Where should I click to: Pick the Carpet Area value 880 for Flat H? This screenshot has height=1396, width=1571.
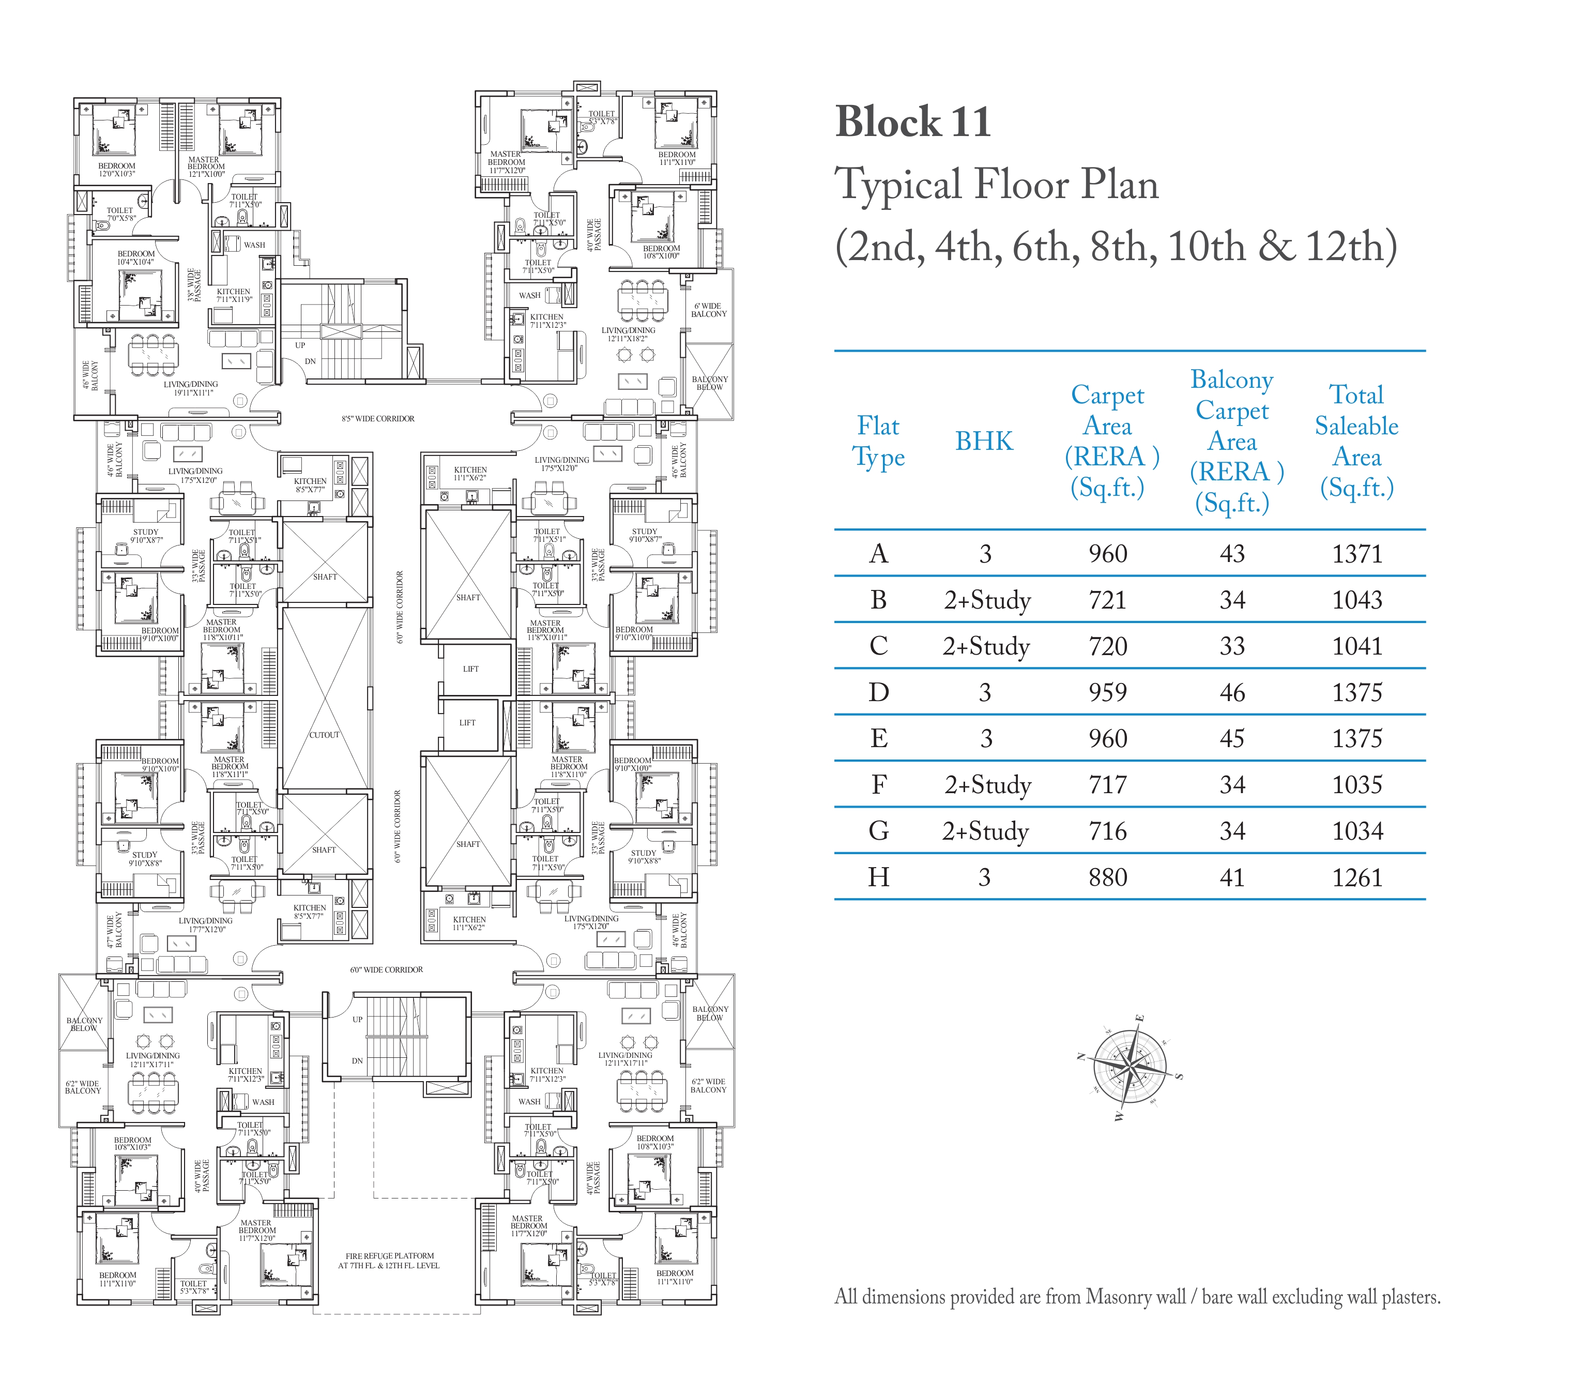point(1107,877)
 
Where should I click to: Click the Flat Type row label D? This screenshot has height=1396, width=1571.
point(878,693)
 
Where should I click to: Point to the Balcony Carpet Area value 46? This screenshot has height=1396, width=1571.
point(1232,693)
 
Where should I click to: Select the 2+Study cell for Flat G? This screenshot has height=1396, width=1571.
point(985,831)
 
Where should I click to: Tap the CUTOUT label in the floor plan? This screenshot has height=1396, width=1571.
point(324,735)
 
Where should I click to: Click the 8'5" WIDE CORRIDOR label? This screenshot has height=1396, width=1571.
point(378,419)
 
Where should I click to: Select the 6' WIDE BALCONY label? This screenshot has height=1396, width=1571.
point(709,310)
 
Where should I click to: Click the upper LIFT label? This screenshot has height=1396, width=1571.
point(470,669)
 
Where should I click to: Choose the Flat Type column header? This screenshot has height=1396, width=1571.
point(878,441)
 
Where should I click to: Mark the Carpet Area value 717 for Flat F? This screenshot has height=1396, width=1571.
point(1107,785)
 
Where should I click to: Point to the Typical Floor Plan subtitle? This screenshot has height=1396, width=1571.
point(997,185)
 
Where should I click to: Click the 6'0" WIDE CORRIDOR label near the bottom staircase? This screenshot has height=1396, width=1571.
point(387,970)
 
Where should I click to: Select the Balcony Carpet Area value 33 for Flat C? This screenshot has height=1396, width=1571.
point(1232,646)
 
